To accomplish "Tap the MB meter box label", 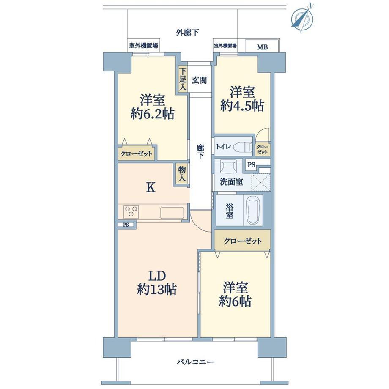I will pos(262,47).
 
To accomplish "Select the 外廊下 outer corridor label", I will pos(188,32).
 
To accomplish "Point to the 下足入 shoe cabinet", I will pos(182,79).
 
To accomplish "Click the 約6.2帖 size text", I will pos(152,114).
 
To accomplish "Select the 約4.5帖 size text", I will pos(242,106).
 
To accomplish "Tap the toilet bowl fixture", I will pos(242,147).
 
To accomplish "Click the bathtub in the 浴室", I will pos(254,210).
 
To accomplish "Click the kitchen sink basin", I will pos(171,212).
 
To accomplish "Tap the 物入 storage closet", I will pos(182,174).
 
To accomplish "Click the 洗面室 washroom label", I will pos(231,182).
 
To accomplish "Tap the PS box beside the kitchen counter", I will pos(126,225).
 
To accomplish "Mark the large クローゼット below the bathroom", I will pos(242,241).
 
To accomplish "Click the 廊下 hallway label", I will pos(200,152).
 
